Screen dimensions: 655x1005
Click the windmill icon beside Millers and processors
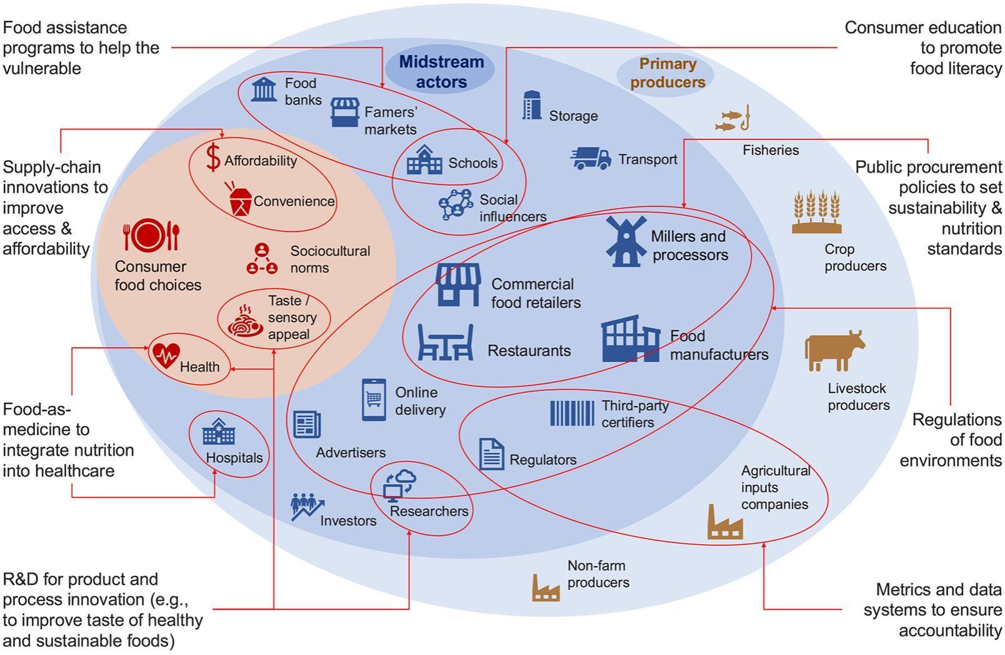[626, 241]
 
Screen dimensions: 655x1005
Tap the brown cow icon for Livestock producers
[834, 352]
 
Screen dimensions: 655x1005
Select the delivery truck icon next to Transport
[591, 158]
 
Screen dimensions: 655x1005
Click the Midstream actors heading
[441, 71]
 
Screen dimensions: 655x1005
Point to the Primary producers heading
[667, 73]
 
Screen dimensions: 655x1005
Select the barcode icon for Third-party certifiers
[572, 414]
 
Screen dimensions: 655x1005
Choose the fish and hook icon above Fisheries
[732, 119]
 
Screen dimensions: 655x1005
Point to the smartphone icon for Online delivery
[373, 400]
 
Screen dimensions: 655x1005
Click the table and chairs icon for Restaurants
[445, 342]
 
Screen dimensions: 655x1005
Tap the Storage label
[573, 116]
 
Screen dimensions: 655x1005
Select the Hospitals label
[234, 457]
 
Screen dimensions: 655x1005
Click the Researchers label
[429, 511]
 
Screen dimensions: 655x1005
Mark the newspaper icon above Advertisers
[307, 425]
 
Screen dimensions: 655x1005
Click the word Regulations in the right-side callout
[957, 419]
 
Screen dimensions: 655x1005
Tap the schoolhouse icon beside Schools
[424, 160]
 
